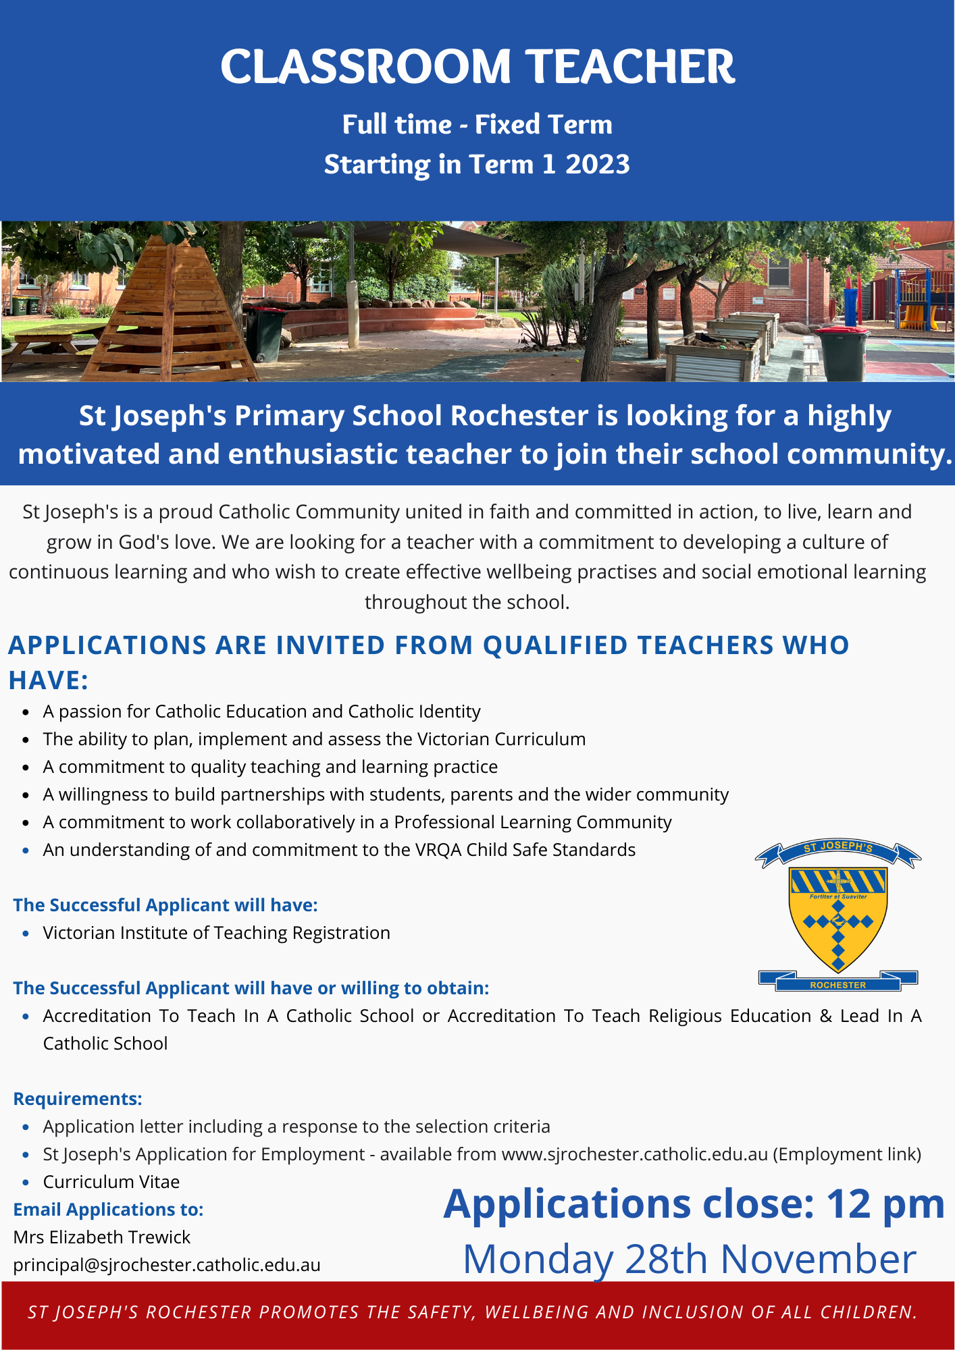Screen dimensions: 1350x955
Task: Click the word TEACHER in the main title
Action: coord(630,67)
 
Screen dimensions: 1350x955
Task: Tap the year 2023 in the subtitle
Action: coord(597,165)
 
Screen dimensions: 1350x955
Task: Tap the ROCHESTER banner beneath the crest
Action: coord(837,985)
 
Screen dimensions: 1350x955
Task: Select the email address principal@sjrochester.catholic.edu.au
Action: coord(167,1265)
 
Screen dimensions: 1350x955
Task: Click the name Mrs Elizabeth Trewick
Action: coord(102,1237)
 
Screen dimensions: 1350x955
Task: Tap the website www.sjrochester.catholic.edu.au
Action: coord(634,1154)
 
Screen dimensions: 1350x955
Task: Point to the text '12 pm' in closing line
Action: coord(885,1204)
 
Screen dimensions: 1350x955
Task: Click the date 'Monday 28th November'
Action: coord(689,1259)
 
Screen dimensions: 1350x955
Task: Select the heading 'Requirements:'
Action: coord(78,1099)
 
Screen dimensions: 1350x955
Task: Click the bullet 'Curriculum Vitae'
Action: coord(111,1182)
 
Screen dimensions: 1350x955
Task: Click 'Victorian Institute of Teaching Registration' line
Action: coord(216,933)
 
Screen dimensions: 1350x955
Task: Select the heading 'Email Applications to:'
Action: coord(108,1210)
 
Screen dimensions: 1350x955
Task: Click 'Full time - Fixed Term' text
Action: coord(477,125)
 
